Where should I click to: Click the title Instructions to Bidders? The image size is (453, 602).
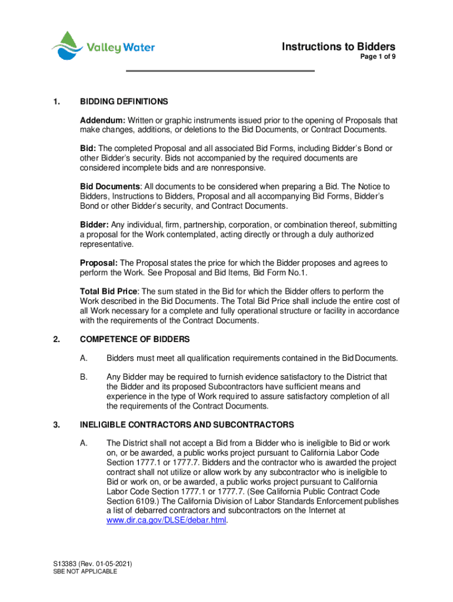[x=338, y=47]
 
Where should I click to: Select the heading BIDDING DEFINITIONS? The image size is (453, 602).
[x=124, y=102]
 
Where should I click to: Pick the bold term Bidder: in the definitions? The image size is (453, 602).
[x=96, y=225]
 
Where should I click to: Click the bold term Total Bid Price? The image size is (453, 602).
[x=109, y=292]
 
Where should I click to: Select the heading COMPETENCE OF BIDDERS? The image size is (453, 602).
[x=135, y=339]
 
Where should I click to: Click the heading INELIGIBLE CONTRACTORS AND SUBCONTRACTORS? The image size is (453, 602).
[x=187, y=424]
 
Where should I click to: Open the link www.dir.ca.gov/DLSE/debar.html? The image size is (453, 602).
[x=166, y=520]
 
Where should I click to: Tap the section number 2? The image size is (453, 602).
[x=55, y=339]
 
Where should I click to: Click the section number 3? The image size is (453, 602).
[x=55, y=424]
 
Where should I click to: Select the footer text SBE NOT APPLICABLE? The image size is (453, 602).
[x=85, y=571]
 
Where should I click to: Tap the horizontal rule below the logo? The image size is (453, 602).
[x=221, y=71]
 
